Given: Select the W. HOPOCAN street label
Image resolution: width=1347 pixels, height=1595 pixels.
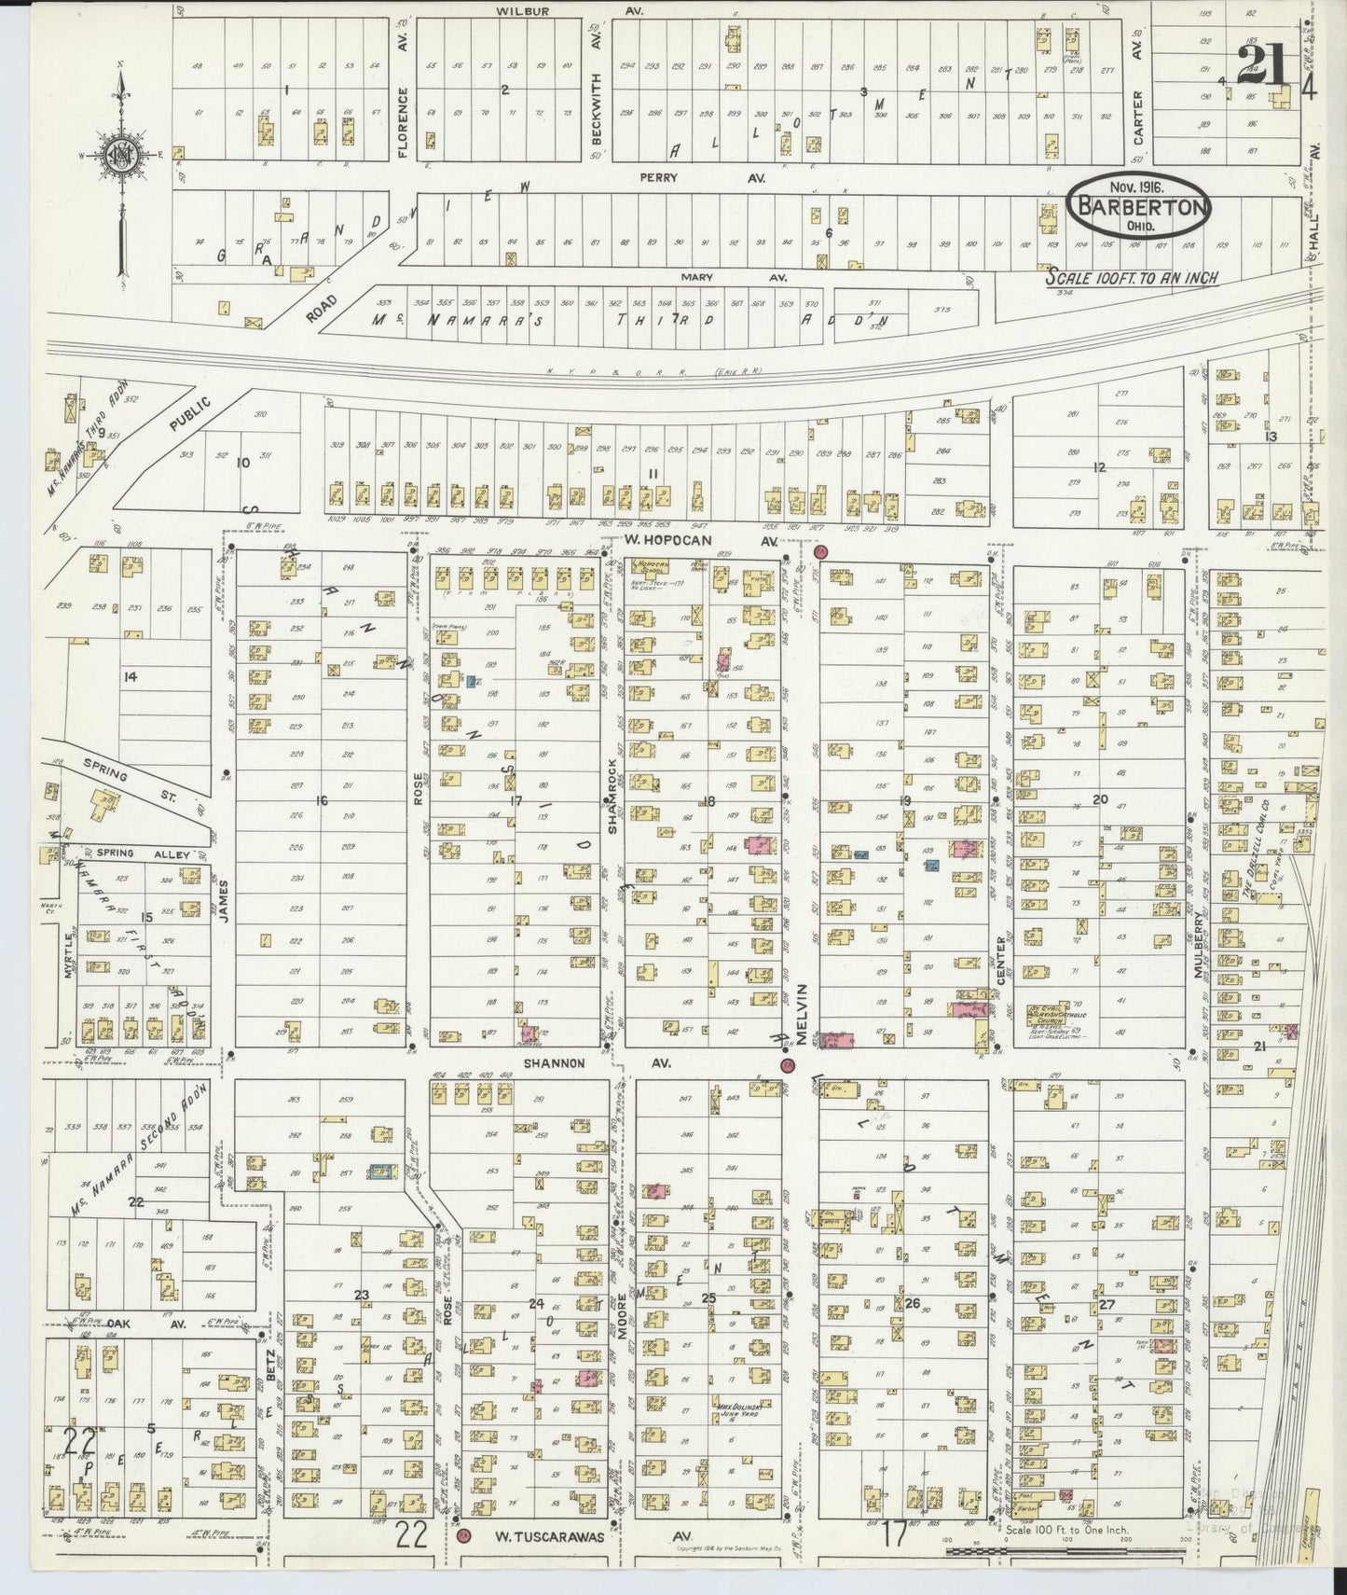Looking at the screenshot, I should tap(688, 541).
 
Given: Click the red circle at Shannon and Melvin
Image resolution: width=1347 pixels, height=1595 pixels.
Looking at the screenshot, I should tap(787, 1065).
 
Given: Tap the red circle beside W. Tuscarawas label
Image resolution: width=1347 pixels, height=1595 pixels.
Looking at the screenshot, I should tap(464, 1535).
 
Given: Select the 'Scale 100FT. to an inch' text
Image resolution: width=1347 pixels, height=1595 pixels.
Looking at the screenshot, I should tap(1131, 277).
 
